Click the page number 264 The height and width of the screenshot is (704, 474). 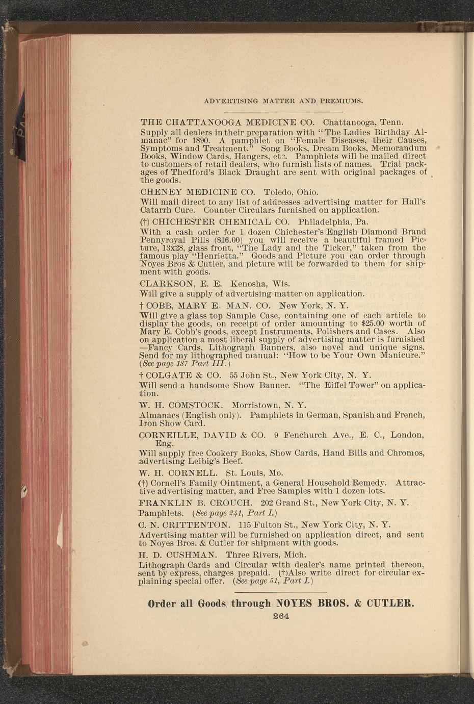coord(281,616)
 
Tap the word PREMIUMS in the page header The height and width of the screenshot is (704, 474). coord(341,101)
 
